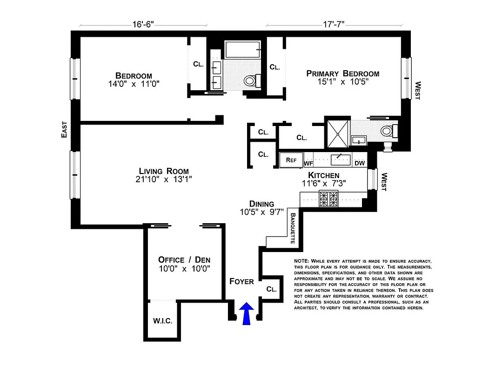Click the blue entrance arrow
click(248, 314)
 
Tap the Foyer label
click(241, 281)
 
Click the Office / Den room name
click(184, 259)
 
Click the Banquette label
click(293, 228)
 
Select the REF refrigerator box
click(291, 160)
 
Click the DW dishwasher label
click(359, 163)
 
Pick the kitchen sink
click(341, 160)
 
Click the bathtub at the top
click(242, 49)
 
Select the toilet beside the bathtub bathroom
click(251, 81)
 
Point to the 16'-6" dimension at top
click(144, 24)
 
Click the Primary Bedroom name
click(342, 73)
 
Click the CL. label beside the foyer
click(271, 289)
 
